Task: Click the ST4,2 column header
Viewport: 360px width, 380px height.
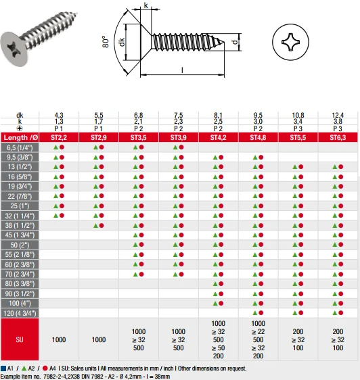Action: [218, 138]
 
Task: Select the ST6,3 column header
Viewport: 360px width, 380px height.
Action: [338, 138]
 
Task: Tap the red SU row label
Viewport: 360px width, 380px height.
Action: [20, 339]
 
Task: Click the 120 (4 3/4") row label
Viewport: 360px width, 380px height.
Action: [20, 313]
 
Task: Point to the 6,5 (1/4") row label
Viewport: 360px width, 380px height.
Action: [20, 147]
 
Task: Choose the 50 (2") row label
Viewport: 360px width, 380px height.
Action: [20, 245]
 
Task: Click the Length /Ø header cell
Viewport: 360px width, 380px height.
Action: [20, 138]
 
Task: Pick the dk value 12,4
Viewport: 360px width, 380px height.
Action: [338, 115]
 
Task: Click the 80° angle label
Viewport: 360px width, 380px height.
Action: [106, 42]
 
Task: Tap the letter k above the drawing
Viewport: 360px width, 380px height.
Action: [145, 5]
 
